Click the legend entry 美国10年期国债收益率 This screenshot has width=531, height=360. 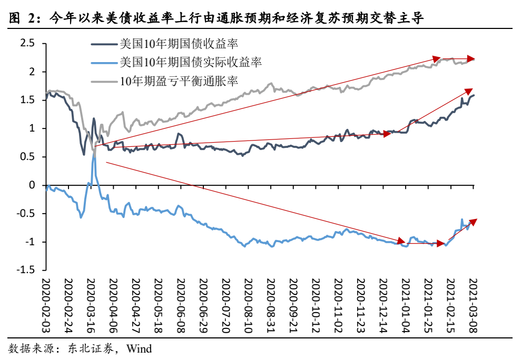pos(176,43)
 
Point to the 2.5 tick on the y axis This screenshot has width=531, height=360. pos(27,43)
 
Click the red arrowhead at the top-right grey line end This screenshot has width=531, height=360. pos(471,58)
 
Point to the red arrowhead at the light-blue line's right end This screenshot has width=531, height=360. pos(473,221)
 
